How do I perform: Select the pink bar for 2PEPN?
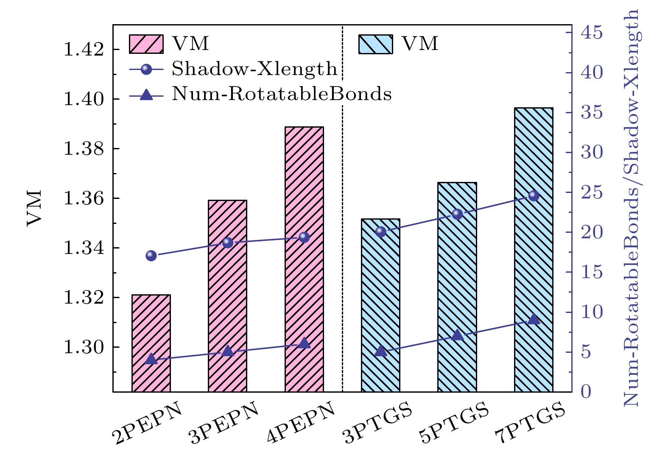(151, 322)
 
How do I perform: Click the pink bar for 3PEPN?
(227, 297)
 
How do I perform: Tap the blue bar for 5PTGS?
(457, 288)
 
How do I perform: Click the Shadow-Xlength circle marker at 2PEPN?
(151, 255)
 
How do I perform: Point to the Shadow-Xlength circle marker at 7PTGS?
(534, 195)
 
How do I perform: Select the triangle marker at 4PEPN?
(304, 343)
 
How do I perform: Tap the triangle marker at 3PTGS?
(381, 351)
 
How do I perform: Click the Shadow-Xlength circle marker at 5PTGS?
(457, 214)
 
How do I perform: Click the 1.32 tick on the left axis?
(83, 298)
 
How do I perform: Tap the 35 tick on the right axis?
(591, 113)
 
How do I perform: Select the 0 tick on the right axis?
(586, 391)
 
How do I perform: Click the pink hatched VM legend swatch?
(146, 44)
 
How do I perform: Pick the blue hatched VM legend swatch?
(375, 44)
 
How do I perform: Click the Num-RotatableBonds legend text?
(282, 94)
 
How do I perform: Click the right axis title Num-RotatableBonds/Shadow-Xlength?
(631, 208)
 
